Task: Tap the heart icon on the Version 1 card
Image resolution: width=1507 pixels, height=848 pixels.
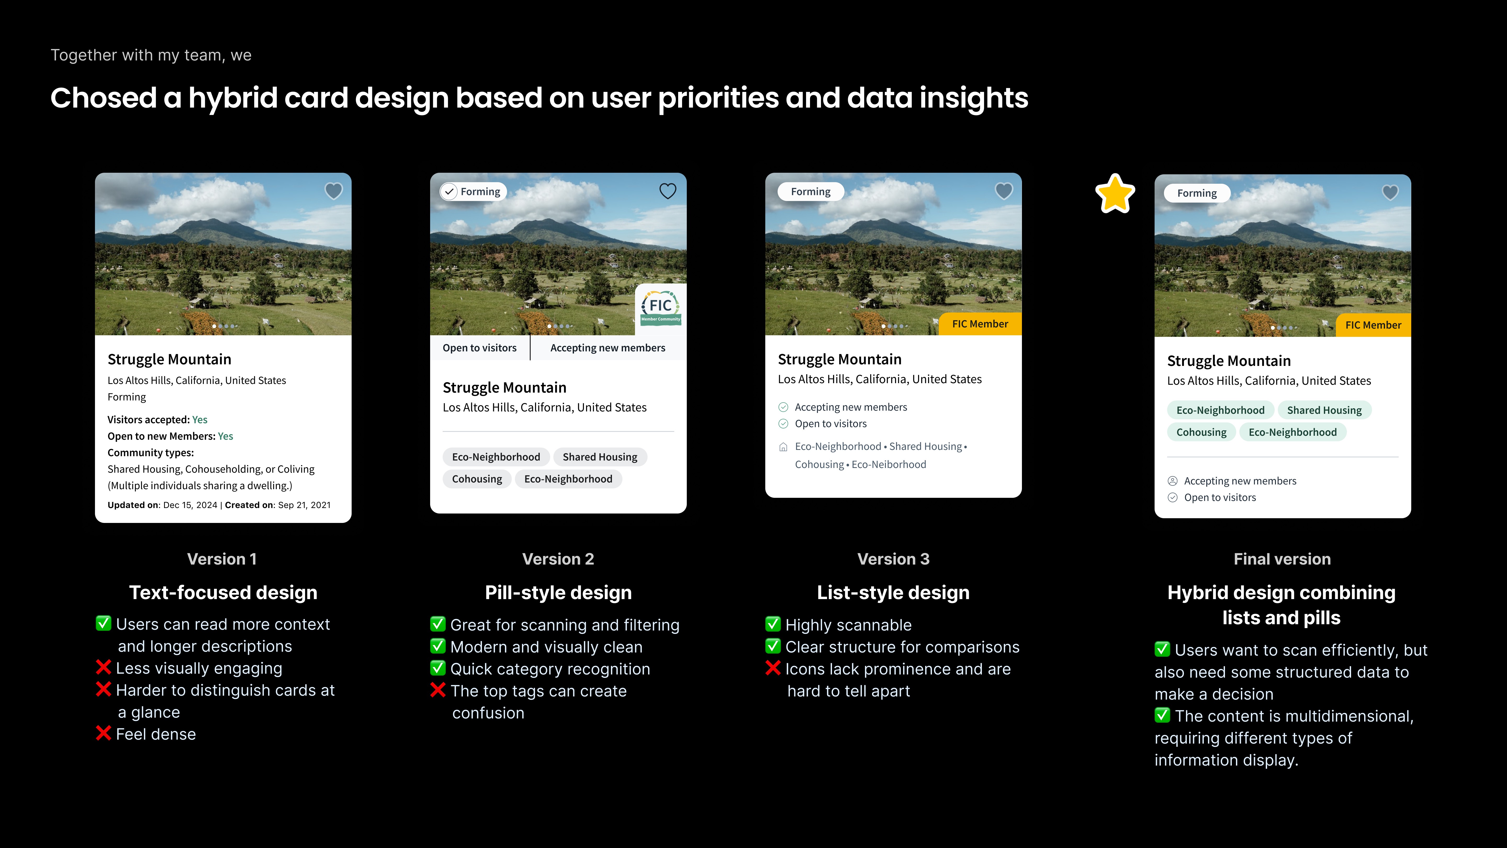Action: (x=334, y=191)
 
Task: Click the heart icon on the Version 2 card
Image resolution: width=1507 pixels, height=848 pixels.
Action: (x=667, y=191)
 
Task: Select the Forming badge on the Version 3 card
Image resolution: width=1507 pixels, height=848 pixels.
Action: (x=810, y=191)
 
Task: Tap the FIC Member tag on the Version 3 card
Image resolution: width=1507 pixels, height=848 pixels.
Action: (x=980, y=324)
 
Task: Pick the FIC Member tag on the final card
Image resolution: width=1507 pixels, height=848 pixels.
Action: (x=1373, y=325)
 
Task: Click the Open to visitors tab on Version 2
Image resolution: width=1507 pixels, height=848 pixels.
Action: (x=480, y=348)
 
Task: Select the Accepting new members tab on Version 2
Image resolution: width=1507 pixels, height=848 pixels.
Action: (x=608, y=348)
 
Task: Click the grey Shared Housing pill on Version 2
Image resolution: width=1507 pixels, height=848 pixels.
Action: (x=600, y=456)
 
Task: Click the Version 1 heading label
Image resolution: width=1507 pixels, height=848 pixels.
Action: (x=222, y=559)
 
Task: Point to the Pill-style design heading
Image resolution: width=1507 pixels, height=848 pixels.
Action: (x=558, y=592)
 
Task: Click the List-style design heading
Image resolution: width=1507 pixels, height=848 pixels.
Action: (x=893, y=592)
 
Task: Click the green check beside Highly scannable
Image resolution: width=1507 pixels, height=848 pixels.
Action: (x=773, y=624)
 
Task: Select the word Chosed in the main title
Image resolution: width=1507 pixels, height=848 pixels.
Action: (x=103, y=98)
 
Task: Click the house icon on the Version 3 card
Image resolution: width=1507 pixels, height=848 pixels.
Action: (x=783, y=447)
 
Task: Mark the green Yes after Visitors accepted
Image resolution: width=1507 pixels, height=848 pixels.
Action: (x=199, y=420)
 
